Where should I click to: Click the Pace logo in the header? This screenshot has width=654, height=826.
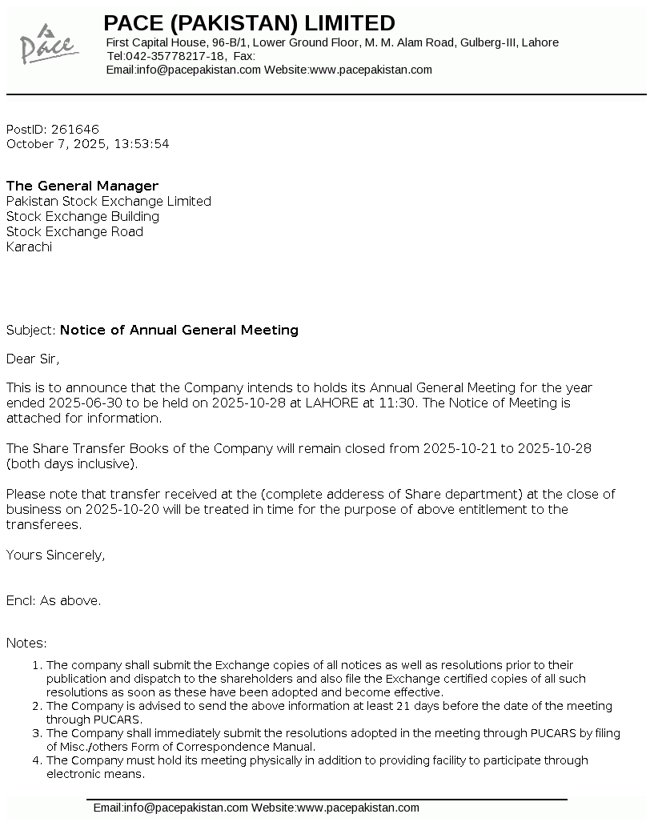tap(48, 44)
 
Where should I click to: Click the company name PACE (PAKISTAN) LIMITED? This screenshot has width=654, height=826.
tap(249, 22)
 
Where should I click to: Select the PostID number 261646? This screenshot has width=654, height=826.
tap(74, 129)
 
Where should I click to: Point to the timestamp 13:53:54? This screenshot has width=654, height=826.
tap(142, 144)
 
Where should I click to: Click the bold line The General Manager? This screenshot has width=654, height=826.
tap(82, 186)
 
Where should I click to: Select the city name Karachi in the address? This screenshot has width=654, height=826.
tap(29, 247)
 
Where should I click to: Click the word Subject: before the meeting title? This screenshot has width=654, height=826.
tap(31, 330)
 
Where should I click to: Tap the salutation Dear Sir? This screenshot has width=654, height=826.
tap(33, 358)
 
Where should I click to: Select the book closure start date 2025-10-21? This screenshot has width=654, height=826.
tap(459, 448)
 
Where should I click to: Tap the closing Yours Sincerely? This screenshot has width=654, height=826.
tap(55, 555)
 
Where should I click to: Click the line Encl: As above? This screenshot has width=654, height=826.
tap(54, 600)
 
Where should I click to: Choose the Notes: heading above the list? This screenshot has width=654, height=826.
tap(26, 643)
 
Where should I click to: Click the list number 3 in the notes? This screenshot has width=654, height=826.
tap(36, 733)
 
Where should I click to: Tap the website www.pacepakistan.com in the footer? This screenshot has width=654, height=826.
tap(358, 808)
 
